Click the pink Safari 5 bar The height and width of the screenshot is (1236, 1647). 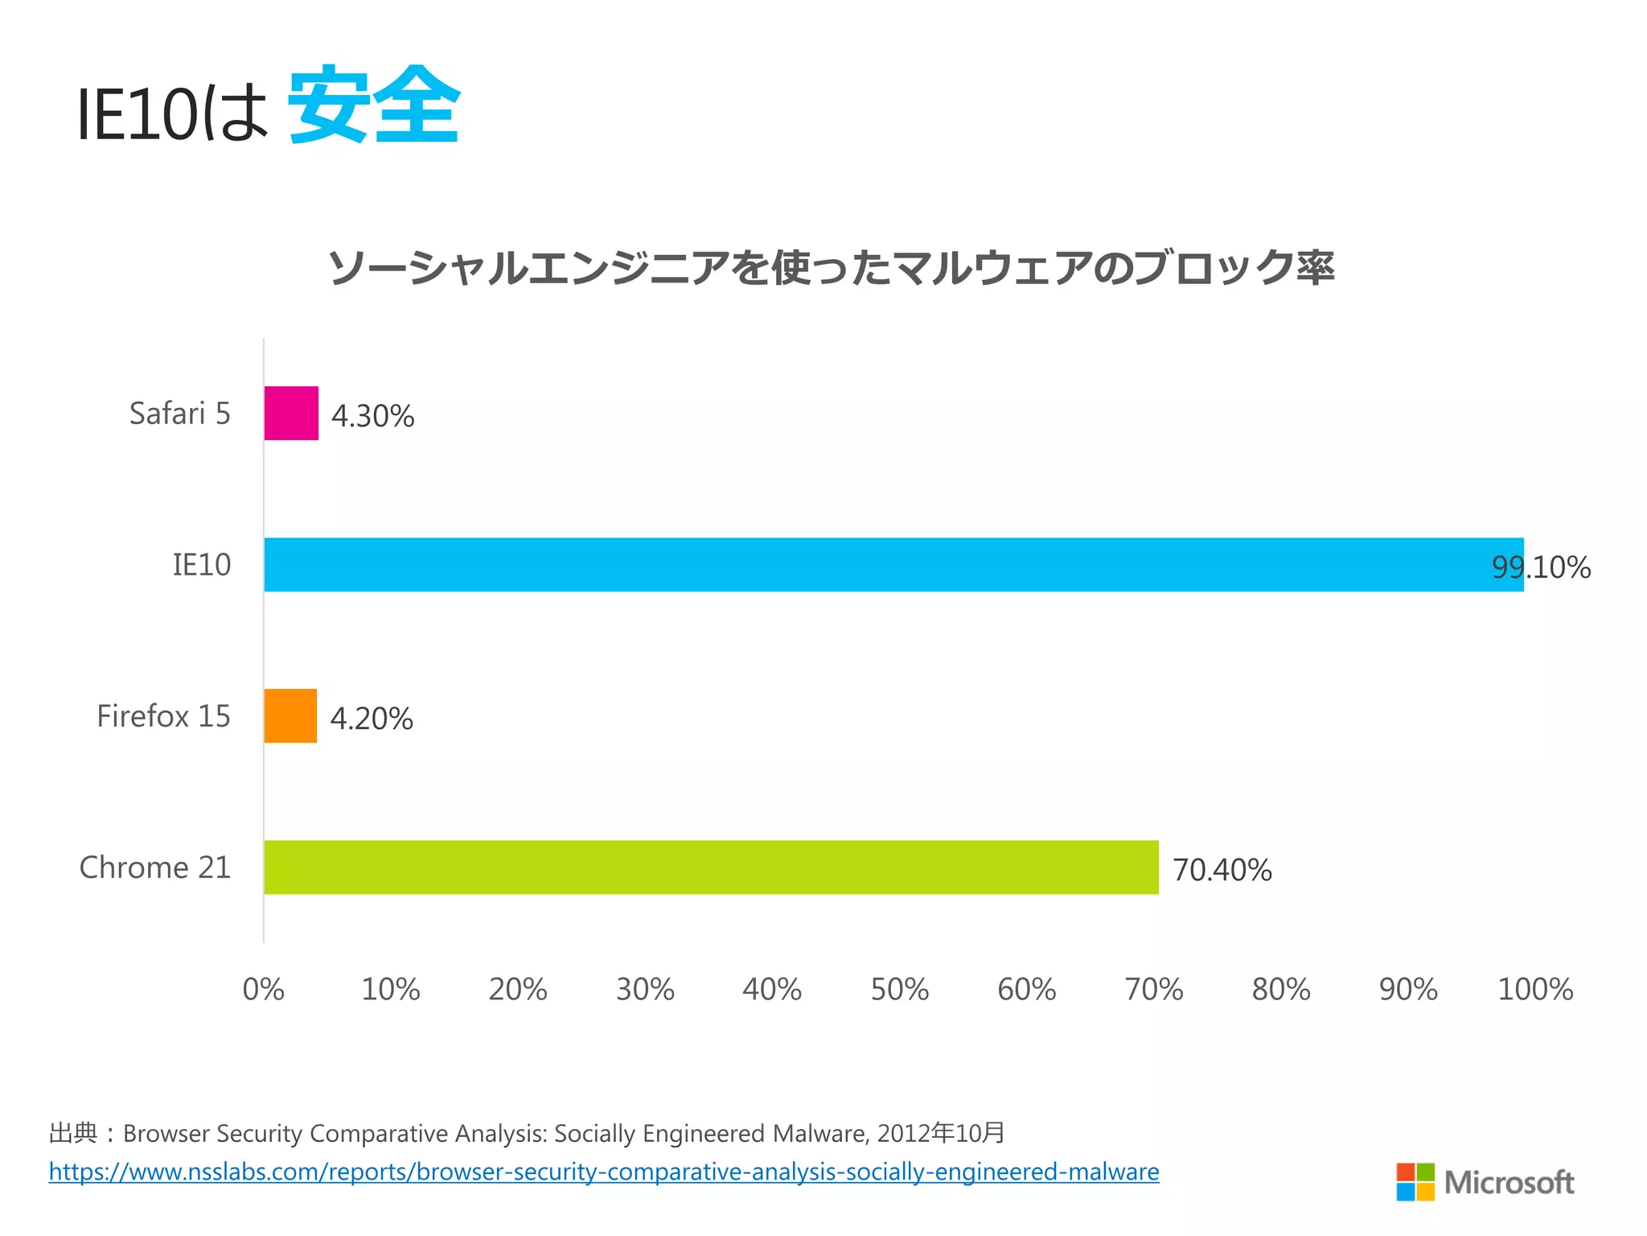291,413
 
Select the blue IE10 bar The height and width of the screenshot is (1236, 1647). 893,564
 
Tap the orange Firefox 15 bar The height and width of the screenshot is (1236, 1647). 290,715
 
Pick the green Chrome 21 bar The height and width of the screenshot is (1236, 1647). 711,867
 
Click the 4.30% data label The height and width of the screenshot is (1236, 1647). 372,416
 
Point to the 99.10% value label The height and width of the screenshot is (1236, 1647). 1541,567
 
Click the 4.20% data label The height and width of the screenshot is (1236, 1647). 371,719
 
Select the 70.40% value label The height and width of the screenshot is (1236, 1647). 1222,870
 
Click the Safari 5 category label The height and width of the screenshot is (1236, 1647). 179,414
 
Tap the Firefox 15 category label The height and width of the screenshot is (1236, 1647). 163,716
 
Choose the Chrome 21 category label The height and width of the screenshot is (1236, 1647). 154,867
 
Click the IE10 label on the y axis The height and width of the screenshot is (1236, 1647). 201,565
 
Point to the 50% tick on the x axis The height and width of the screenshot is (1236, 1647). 899,989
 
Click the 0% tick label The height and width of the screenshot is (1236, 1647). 263,989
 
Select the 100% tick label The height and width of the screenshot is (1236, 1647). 1534,989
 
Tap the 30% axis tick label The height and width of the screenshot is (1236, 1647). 645,989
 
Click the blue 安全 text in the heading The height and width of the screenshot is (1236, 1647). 374,105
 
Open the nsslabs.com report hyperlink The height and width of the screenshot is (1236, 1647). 603,1172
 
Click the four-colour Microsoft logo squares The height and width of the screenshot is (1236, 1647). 1415,1181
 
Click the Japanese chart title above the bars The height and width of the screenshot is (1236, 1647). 831,268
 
